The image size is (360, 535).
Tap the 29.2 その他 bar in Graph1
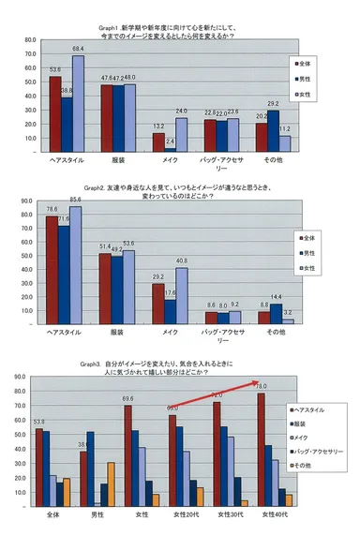click(x=273, y=129)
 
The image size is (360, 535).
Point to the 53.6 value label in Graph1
click(x=55, y=69)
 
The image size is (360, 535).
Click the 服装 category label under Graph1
click(x=117, y=159)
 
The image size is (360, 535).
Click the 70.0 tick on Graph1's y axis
click(x=32, y=55)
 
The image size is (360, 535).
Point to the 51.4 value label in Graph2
click(x=105, y=245)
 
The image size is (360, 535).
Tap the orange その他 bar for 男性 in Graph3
click(x=111, y=484)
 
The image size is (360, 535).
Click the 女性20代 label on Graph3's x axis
click(x=186, y=515)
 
